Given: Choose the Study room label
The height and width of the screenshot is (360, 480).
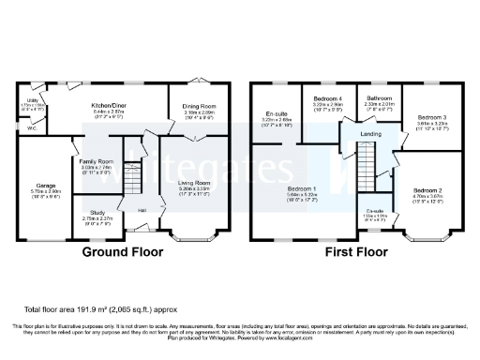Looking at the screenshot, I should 97,212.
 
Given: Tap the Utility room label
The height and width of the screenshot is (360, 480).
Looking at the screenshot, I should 32,98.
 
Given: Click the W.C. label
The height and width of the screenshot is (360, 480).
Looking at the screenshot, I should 33,128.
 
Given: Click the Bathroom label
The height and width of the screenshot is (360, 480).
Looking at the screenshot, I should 380,97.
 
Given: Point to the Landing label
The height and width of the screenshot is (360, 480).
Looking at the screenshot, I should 370,134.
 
